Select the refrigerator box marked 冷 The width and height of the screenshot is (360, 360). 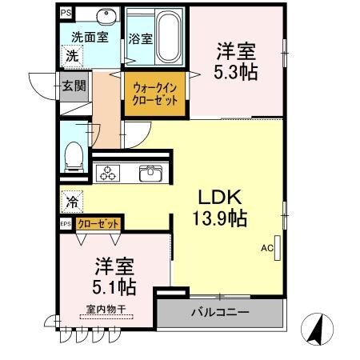tap(72, 202)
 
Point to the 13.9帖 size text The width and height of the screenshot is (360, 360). tap(218, 218)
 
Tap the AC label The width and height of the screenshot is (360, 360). tap(266, 247)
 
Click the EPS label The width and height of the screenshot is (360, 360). tap(66, 224)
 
